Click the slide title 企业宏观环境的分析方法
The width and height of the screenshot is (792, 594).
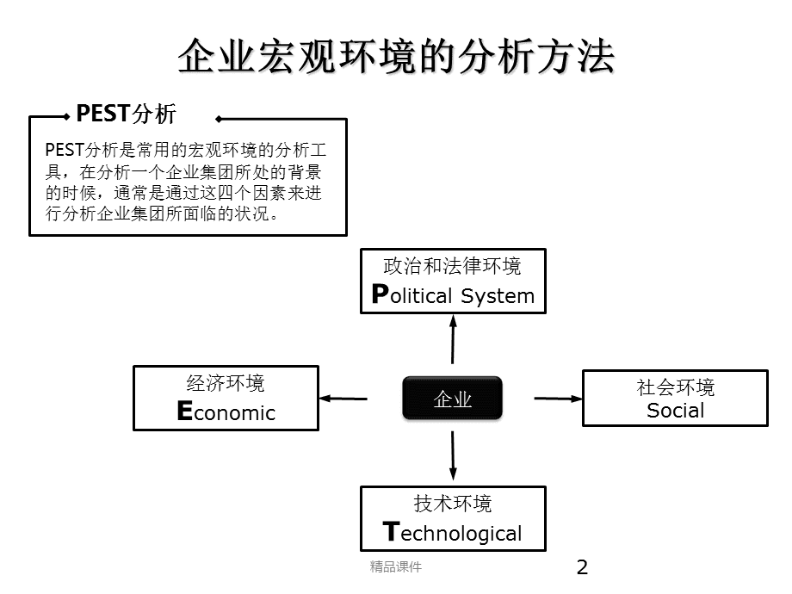pos(396,58)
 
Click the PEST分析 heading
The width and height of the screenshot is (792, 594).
pos(126,114)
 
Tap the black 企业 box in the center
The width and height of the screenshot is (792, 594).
pos(452,399)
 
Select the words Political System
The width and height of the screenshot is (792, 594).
pos(453,295)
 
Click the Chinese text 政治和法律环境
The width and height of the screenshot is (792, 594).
pos(452,265)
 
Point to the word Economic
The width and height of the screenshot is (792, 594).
pos(226,412)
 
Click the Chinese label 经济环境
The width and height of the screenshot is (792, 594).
pos(226,383)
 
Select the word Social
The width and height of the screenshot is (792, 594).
pos(675,411)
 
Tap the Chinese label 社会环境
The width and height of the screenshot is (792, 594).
pos(675,387)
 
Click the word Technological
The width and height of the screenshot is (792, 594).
pos(453,533)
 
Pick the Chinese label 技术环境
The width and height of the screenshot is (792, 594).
pos(453,504)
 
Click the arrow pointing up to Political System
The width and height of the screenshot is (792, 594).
pos(452,339)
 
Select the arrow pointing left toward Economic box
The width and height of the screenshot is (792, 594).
pos(343,398)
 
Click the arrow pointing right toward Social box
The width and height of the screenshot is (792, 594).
pos(558,398)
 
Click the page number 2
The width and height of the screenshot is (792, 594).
pos(582,566)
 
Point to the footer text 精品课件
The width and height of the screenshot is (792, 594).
pos(395,566)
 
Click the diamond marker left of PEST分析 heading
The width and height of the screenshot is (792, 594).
pos(68,115)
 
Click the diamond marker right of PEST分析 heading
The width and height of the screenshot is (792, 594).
pos(218,119)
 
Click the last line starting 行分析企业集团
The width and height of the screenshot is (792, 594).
pos(163,213)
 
